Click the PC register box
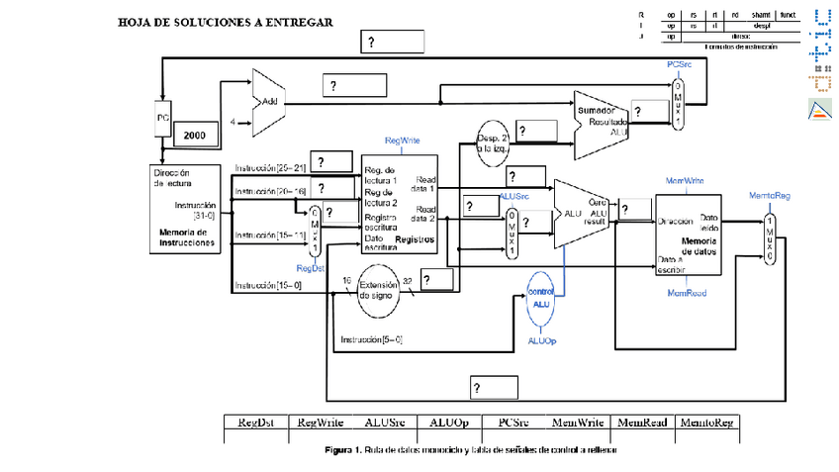[164, 118]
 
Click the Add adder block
[268, 103]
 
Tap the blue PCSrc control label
[679, 63]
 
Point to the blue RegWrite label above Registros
[403, 142]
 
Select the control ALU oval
[539, 298]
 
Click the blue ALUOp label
[540, 340]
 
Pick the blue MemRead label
[687, 293]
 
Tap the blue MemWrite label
[686, 182]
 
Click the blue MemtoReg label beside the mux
[769, 196]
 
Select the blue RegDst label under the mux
[312, 267]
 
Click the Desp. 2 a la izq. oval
[492, 142]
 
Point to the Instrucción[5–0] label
[371, 339]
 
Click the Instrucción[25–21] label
[270, 168]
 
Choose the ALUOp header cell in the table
[449, 423]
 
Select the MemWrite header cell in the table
[578, 423]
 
